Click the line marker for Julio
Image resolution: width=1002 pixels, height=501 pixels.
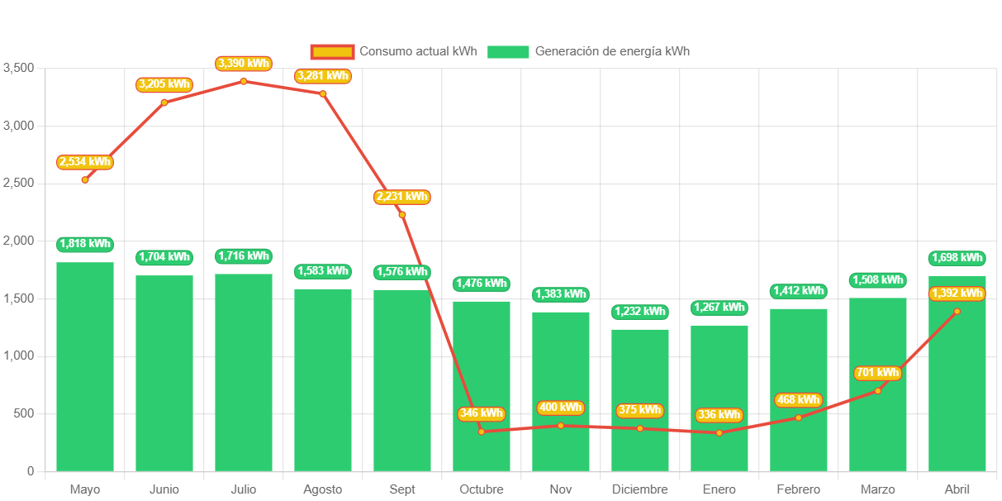coord(244,81)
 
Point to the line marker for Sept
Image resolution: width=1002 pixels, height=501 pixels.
coord(402,215)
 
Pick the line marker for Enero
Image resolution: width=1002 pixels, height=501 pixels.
coord(719,433)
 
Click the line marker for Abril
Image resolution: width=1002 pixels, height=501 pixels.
coord(957,312)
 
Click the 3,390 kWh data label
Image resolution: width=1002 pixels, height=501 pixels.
coord(244,64)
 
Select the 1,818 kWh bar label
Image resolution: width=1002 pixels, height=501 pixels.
coord(85,244)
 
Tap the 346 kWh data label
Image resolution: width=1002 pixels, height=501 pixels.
coord(481,413)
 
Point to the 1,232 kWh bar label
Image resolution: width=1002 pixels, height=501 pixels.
coord(640,312)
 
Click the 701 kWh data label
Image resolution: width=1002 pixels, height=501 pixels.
coord(877,373)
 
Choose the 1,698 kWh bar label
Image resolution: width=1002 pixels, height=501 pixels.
coord(957,258)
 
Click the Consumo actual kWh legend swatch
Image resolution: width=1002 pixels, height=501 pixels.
coord(332,51)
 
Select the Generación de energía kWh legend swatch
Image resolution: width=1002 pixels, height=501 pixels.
coord(508,51)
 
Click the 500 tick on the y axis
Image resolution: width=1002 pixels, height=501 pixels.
coord(25,413)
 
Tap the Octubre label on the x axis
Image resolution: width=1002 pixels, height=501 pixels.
coord(482,489)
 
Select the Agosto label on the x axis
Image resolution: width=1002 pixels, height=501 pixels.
coord(323,489)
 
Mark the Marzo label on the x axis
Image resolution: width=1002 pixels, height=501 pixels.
coord(877,489)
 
